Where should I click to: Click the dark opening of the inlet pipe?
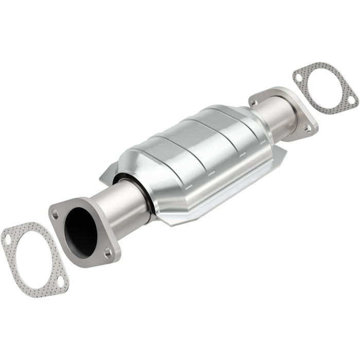[81, 231]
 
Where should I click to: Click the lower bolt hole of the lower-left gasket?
[61, 281]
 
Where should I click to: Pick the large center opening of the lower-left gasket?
[34, 260]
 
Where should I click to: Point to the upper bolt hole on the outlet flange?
[255, 103]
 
